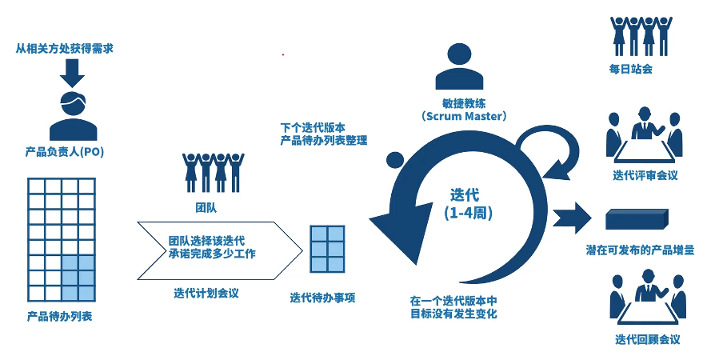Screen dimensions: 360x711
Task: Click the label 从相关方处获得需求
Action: [x=65, y=49]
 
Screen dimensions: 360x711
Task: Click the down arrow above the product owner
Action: [x=71, y=73]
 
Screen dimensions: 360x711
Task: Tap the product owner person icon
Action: [x=73, y=115]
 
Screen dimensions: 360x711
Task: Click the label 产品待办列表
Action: [x=59, y=316]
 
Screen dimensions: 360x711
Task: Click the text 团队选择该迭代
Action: [x=206, y=240]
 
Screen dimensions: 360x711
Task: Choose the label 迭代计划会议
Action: [x=206, y=293]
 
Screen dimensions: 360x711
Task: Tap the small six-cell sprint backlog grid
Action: [x=327, y=250]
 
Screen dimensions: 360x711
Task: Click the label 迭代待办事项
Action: [x=322, y=298]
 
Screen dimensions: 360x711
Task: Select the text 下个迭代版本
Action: [x=313, y=127]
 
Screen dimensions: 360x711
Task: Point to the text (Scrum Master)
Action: [x=464, y=116]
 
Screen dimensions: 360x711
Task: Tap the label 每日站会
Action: [x=630, y=69]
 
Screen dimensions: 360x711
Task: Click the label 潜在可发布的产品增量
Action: [x=640, y=250]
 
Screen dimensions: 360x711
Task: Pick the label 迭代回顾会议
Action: [x=647, y=339]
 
